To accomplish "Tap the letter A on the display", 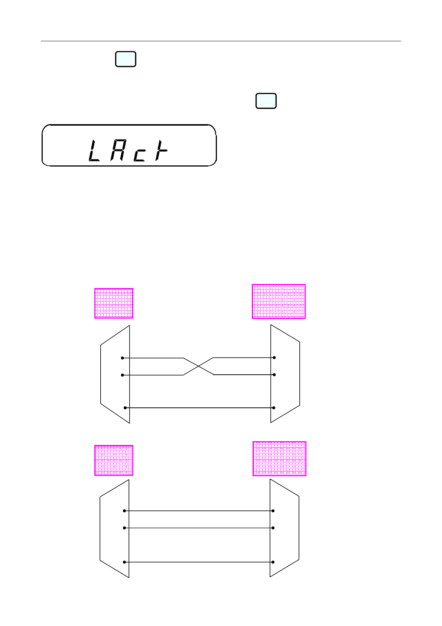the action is coord(117,150).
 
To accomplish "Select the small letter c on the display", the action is coord(140,155).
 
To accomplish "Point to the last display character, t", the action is coord(161,150).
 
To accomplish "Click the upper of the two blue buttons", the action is coord(126,59).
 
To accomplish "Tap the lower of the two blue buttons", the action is coord(266,101).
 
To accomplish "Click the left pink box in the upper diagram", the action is coord(114,303).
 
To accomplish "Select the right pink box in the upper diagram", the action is coord(279,301).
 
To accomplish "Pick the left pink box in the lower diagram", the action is coord(114,461).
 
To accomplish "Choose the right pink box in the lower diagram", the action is coord(279,459).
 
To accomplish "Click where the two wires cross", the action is coord(198,367).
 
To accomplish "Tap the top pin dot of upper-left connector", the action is coord(122,358).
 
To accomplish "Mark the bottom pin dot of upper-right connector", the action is coord(274,408).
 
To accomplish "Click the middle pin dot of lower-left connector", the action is coord(124,528).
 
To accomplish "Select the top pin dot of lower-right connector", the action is coord(273,511).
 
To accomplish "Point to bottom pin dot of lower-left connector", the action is coord(124,562).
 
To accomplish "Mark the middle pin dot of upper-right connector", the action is coord(274,375).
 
